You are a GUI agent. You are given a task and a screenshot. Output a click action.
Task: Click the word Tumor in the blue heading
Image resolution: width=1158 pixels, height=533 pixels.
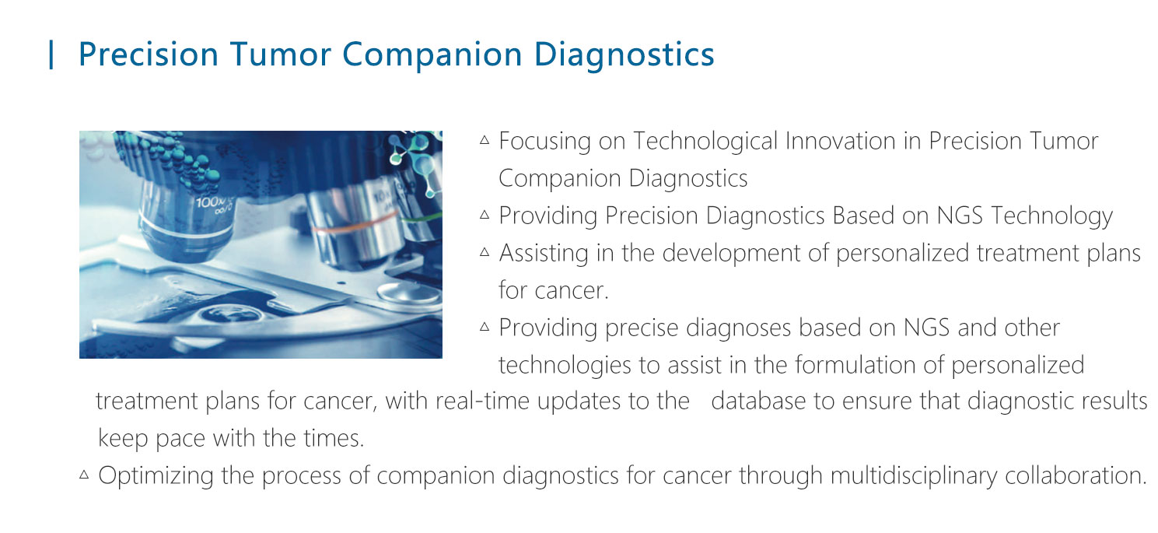[280, 54]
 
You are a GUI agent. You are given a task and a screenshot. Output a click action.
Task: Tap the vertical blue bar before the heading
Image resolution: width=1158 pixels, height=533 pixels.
[51, 54]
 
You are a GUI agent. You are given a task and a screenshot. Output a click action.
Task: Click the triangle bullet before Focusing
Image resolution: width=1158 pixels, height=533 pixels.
[485, 140]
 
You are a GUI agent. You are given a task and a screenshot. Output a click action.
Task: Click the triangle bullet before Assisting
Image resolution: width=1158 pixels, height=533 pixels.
[485, 252]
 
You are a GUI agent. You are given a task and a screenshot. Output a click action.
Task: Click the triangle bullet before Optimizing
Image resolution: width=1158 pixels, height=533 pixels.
[84, 475]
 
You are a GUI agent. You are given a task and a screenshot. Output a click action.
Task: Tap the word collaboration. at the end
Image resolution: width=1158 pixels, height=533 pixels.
[1076, 475]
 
